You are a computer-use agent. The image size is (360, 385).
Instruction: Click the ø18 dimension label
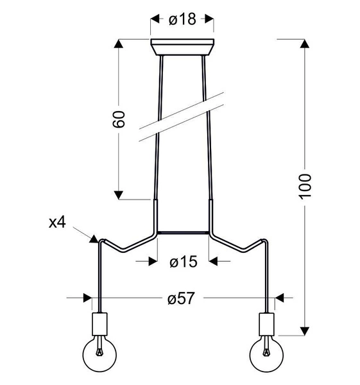[x=182, y=20]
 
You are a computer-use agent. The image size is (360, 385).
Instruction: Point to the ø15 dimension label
[x=183, y=261]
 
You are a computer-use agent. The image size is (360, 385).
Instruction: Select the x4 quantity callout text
[x=58, y=223]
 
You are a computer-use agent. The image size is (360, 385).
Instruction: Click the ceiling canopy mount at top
[x=182, y=47]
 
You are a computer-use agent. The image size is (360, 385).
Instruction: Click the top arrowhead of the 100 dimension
[x=305, y=44]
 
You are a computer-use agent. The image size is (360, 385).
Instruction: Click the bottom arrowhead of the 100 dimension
[x=305, y=331]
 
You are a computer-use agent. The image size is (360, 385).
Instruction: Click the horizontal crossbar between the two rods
[x=183, y=232]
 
